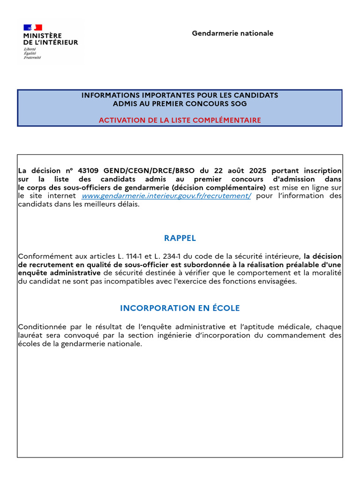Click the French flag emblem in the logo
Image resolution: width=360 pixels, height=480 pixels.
click(33, 27)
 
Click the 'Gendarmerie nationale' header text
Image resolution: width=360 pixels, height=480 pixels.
click(232, 33)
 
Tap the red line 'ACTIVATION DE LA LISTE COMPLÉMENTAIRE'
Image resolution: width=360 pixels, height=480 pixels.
click(180, 120)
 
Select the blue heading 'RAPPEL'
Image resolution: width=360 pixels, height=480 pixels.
click(180, 238)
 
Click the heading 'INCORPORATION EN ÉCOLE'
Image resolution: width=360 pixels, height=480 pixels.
click(180, 308)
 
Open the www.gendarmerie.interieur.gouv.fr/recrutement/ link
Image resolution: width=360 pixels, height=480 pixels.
click(166, 196)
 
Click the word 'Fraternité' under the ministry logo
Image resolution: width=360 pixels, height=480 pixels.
click(32, 58)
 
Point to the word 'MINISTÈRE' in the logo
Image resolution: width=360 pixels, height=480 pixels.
click(43, 36)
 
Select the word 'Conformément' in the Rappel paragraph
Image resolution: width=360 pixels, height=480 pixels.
click(42, 256)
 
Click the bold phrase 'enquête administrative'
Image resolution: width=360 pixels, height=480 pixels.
click(59, 273)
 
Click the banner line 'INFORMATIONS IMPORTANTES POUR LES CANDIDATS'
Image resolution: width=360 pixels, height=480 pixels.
click(180, 95)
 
